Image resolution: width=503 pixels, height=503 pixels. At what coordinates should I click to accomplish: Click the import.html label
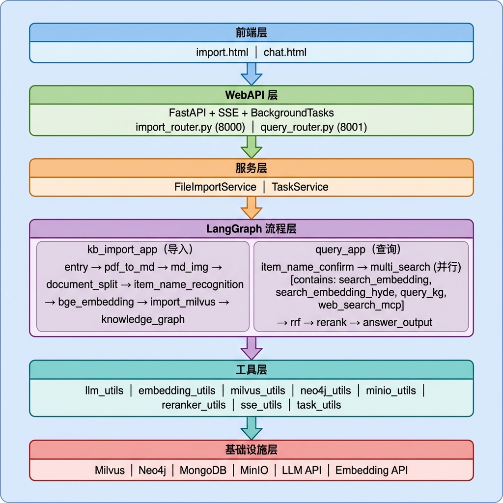point(222,52)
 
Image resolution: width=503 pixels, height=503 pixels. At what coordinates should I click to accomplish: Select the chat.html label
point(285,52)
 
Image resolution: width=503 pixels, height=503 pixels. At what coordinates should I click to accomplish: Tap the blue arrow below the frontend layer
point(251,74)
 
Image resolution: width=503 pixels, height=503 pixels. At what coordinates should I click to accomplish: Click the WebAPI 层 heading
point(251,95)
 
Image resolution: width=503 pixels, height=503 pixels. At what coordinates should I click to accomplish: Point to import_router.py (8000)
point(190,127)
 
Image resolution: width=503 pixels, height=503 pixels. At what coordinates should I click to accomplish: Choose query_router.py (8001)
point(313,127)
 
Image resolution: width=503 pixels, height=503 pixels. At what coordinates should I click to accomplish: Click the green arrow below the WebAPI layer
point(251,147)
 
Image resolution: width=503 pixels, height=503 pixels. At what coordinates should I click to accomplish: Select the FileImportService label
point(215,187)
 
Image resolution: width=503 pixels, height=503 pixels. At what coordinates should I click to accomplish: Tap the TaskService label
point(300,187)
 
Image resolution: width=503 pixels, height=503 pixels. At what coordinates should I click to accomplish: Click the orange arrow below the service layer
point(251,208)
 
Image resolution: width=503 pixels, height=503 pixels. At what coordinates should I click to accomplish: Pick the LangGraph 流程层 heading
point(251,229)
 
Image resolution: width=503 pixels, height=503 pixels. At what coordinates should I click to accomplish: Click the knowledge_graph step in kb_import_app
point(143,319)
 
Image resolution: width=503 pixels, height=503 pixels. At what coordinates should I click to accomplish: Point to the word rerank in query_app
point(332,322)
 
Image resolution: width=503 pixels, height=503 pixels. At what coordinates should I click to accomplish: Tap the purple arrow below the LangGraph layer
point(251,348)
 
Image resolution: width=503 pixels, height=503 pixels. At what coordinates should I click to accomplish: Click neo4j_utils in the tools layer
point(326,391)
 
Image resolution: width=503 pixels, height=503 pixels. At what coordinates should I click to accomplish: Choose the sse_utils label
point(261,405)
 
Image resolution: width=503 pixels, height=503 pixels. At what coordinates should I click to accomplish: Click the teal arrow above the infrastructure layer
point(251,428)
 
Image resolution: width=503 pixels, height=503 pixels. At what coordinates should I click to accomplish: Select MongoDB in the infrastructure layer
point(203,470)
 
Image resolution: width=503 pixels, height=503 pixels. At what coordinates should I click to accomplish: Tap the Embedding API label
point(371,470)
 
